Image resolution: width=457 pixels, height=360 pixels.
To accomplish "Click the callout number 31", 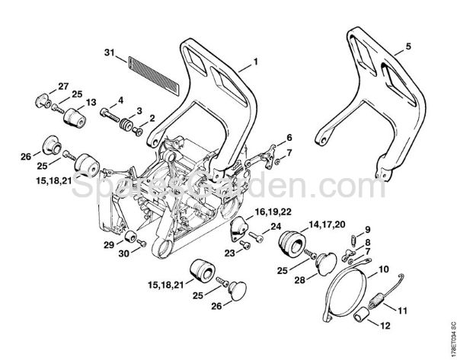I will coord(109,53).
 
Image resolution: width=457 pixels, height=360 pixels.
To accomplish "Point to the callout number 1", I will coord(256,61).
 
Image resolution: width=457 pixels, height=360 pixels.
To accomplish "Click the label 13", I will coord(91,102).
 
